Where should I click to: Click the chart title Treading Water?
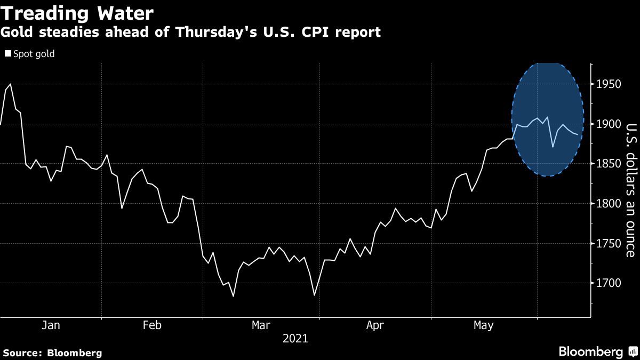click(78, 13)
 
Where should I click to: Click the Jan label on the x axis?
click(51, 325)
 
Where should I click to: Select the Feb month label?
click(152, 325)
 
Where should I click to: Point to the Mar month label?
click(261, 325)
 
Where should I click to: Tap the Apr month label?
click(374, 325)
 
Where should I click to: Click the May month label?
click(483, 325)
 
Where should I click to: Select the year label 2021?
click(295, 338)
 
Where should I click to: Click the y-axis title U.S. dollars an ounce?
click(630, 190)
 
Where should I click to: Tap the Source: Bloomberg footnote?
click(52, 353)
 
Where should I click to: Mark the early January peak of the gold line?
click(11, 84)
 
